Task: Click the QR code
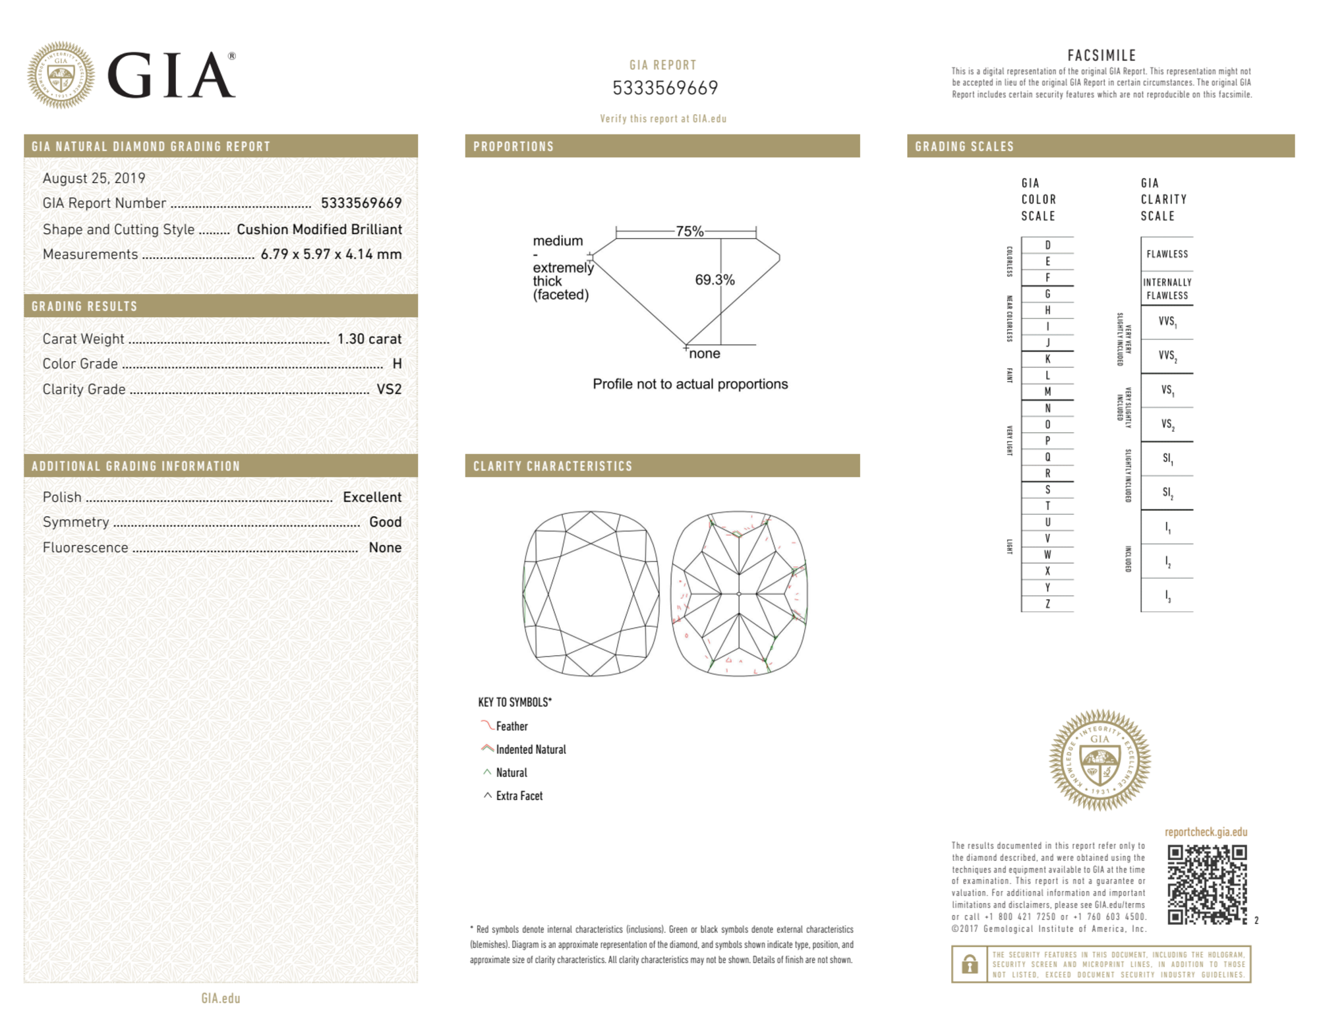pyautogui.click(x=1207, y=885)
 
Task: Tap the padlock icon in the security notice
pyautogui.click(x=970, y=964)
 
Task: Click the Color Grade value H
pyautogui.click(x=397, y=364)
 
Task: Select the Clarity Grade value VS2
pyautogui.click(x=389, y=389)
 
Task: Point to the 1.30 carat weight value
pyautogui.click(x=369, y=339)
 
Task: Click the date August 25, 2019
pyautogui.click(x=94, y=179)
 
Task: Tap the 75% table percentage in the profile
pyautogui.click(x=689, y=231)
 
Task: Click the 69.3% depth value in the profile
pyautogui.click(x=715, y=280)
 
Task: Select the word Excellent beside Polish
pyautogui.click(x=372, y=497)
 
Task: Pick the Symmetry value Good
pyautogui.click(x=385, y=522)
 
